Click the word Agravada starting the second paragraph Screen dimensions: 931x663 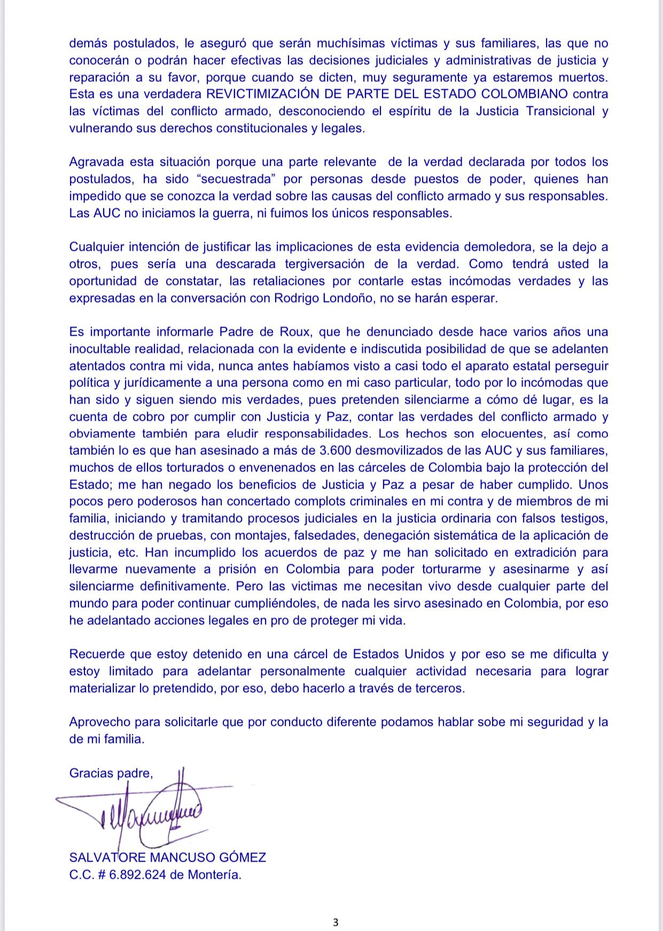(x=95, y=162)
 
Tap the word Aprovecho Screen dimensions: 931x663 (x=99, y=722)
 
